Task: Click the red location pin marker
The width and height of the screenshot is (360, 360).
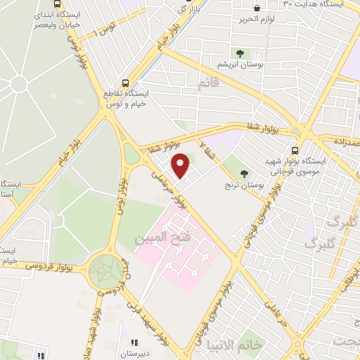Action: coord(181,166)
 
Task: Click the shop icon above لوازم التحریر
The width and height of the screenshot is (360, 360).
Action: coord(256,8)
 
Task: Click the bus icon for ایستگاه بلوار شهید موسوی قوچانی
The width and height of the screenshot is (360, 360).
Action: coord(295,150)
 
